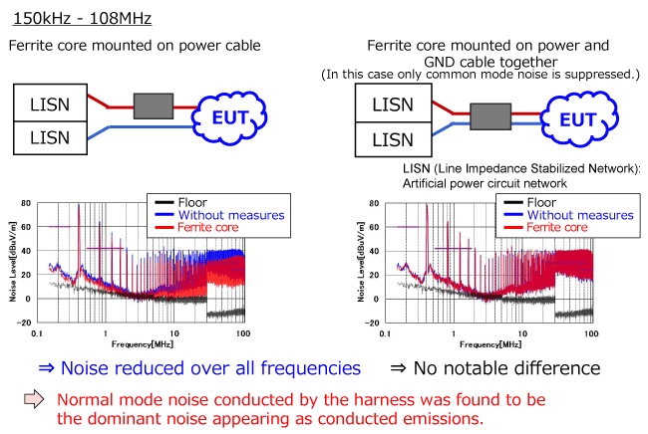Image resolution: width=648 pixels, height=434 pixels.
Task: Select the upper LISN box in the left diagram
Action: [x=50, y=102]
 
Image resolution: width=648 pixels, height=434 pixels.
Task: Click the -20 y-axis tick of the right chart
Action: [x=373, y=323]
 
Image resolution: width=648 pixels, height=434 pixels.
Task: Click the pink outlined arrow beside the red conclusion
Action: [x=35, y=400]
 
